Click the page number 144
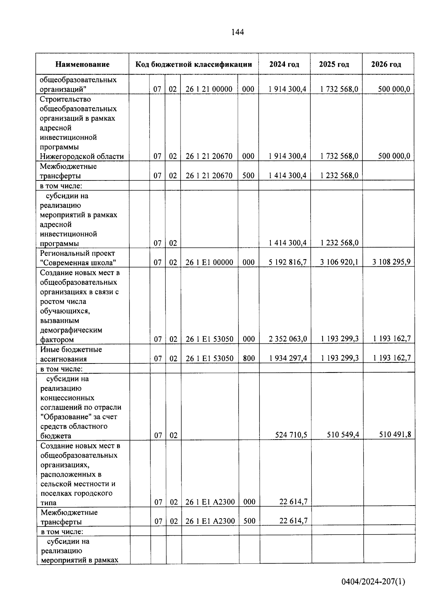[237, 32]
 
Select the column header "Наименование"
[82, 65]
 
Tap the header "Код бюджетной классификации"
[194, 65]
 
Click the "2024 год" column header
[284, 65]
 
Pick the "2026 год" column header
[386, 65]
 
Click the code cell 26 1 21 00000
[209, 89]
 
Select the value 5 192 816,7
[288, 262]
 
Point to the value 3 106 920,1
[339, 262]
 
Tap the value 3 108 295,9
[391, 262]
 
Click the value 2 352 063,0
[288, 339]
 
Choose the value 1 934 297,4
[288, 358]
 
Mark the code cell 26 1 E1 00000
[209, 262]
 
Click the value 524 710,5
[291, 435]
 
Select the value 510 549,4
[343, 435]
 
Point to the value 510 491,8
[395, 435]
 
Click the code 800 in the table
[249, 358]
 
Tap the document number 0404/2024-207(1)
[373, 582]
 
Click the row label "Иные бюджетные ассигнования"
[71, 354]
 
